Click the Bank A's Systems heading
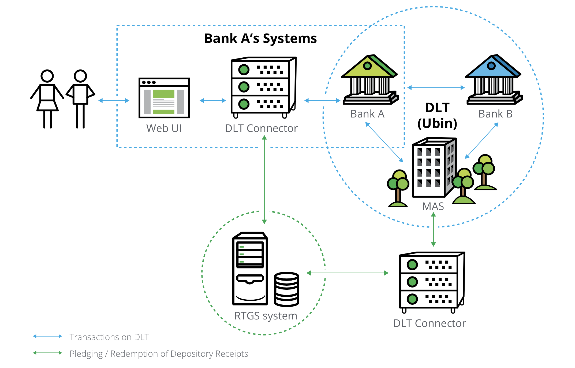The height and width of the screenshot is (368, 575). pyautogui.click(x=260, y=38)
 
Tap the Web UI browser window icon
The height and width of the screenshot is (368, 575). pyautogui.click(x=164, y=98)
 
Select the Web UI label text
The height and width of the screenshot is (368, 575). pyautogui.click(x=164, y=128)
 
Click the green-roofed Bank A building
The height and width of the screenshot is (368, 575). pyautogui.click(x=369, y=80)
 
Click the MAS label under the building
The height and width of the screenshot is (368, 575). pyautogui.click(x=433, y=206)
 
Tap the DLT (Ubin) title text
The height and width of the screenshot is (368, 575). pyautogui.click(x=437, y=116)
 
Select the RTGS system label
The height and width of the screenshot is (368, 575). pyautogui.click(x=266, y=316)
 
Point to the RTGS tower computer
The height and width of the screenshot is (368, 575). pyautogui.click(x=250, y=268)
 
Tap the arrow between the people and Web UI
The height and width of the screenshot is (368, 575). pyautogui.click(x=114, y=101)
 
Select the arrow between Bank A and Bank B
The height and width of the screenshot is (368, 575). pyautogui.click(x=436, y=87)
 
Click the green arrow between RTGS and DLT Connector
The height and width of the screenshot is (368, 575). pyautogui.click(x=347, y=273)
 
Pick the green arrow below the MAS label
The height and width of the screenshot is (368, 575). pyautogui.click(x=433, y=229)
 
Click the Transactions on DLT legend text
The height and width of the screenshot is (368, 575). pyautogui.click(x=109, y=337)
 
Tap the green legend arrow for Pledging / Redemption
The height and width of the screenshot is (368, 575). pyautogui.click(x=47, y=353)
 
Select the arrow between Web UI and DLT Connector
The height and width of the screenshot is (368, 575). pyautogui.click(x=213, y=101)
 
